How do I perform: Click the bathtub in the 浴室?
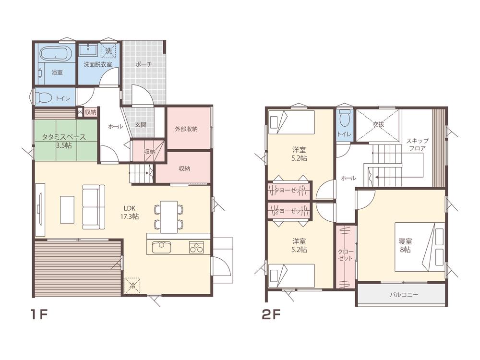[56, 54]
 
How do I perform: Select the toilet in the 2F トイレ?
[345, 118]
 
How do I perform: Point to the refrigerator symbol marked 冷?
[132, 285]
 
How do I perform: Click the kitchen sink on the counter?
[161, 247]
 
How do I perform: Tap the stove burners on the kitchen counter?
[196, 247]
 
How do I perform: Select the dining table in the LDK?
[169, 217]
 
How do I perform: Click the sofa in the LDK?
[94, 206]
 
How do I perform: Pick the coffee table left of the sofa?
[67, 210]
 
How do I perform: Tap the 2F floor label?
[271, 314]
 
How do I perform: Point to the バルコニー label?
[404, 295]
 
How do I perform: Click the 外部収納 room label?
[186, 129]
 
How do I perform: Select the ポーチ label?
[144, 64]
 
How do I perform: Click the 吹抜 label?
[378, 124]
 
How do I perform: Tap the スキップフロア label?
[417, 144]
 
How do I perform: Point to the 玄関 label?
[141, 125]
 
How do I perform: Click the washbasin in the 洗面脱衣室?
[88, 49]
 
